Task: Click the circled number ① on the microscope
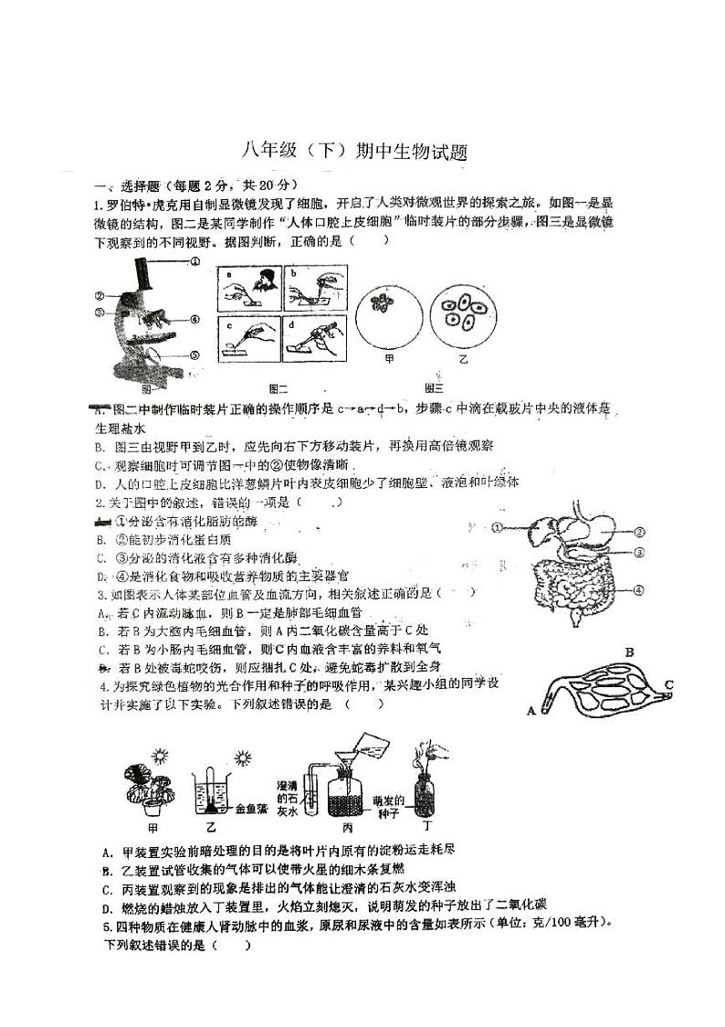pyautogui.click(x=194, y=260)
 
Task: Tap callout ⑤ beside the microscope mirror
pyautogui.click(x=194, y=355)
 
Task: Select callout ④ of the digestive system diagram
pyautogui.click(x=642, y=590)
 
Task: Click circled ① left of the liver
pyautogui.click(x=497, y=527)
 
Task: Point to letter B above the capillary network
pyautogui.click(x=628, y=651)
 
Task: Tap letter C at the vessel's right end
pyautogui.click(x=669, y=683)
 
